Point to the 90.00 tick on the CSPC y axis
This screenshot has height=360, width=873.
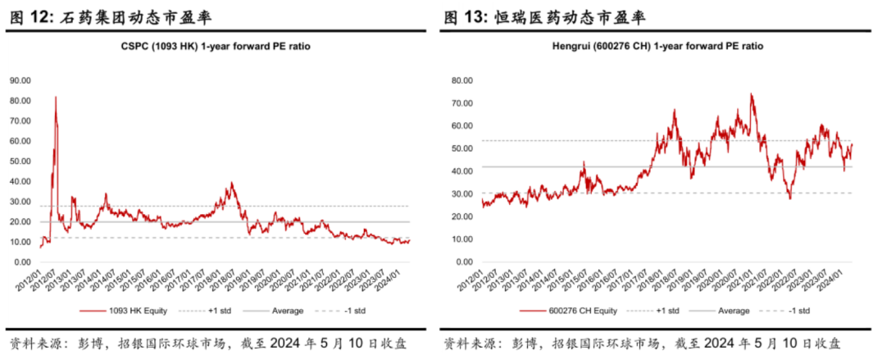pos(20,80)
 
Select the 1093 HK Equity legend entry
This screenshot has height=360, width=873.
pos(128,312)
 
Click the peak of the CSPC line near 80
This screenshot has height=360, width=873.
pos(56,98)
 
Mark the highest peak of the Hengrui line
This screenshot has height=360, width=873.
pos(751,94)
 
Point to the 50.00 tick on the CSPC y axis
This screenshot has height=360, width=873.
pos(20,161)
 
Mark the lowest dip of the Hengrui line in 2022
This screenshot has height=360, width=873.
pos(789,198)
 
